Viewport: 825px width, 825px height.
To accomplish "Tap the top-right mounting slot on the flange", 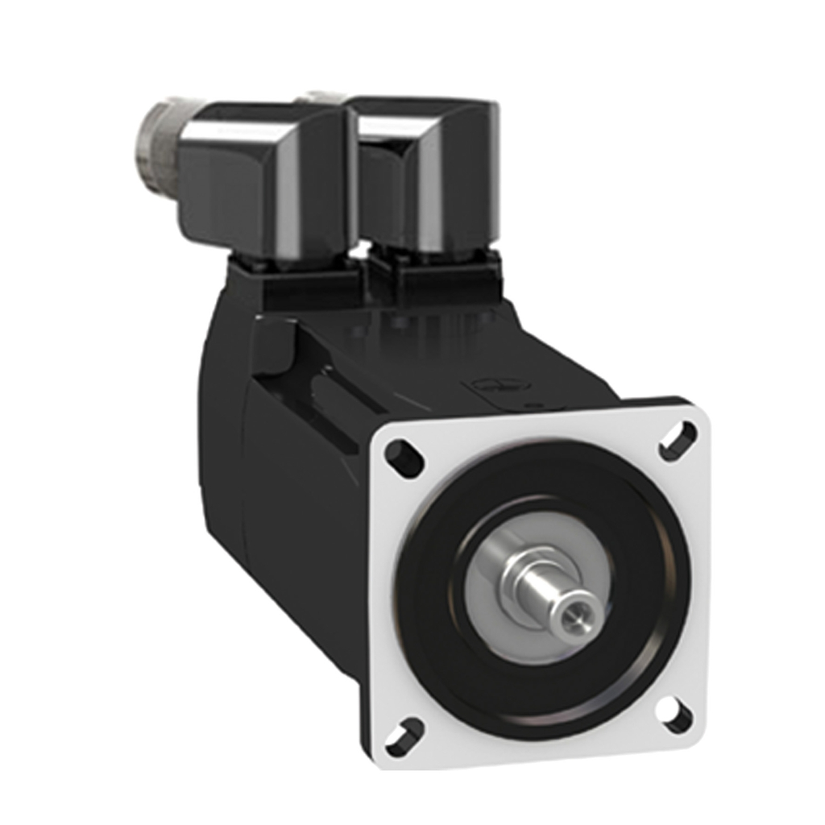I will coord(678,441).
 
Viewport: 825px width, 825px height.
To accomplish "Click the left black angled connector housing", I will coord(258,177).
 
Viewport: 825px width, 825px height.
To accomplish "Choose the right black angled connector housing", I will coord(427,177).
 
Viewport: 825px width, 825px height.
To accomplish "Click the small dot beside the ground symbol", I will coord(528,400).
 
